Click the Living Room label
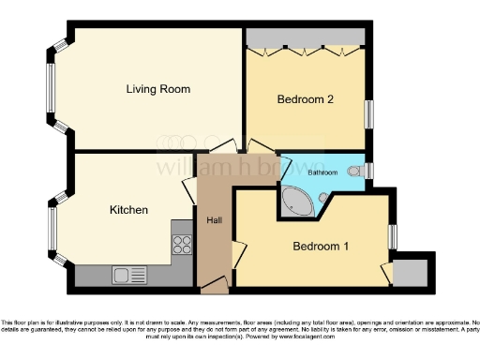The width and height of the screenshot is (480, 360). pos(158,90)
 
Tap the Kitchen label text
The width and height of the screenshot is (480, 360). pos(128,210)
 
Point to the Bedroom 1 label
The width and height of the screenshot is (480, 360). pos(321,247)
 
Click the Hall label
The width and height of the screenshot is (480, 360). pos(213,220)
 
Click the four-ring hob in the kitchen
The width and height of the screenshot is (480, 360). pos(181,245)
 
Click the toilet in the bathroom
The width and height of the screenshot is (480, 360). pos(355,171)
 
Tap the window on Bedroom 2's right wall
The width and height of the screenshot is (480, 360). pos(369,112)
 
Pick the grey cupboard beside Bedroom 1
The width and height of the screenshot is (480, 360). pos(410,272)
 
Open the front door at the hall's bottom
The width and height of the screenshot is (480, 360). pos(215,282)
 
